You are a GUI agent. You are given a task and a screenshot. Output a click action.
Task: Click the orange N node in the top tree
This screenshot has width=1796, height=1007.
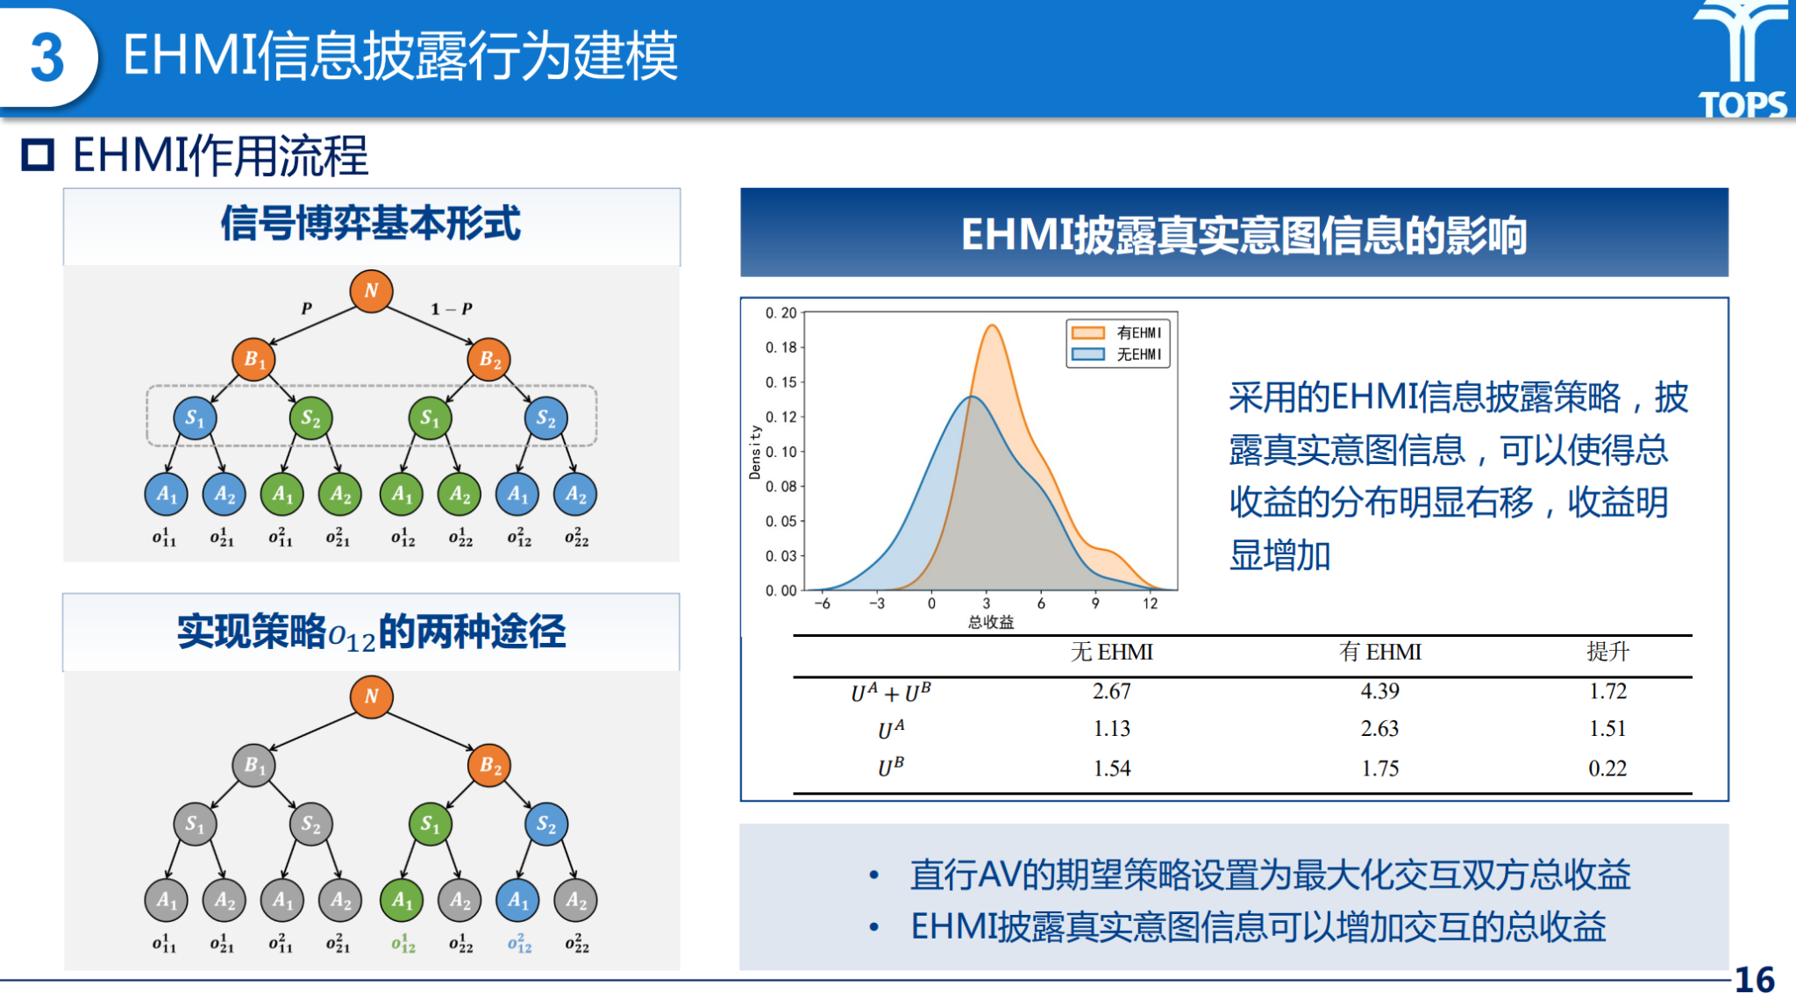tap(371, 290)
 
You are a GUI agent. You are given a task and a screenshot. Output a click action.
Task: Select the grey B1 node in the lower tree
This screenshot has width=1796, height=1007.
tap(253, 765)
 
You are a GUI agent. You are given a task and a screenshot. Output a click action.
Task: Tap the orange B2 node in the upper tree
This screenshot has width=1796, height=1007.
tap(489, 359)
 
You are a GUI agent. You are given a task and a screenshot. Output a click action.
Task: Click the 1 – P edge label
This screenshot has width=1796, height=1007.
tap(452, 309)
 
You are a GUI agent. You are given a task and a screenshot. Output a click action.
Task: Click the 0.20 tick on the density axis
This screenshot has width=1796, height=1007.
tap(780, 312)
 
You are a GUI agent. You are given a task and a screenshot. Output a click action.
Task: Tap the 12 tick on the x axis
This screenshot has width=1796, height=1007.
tap(1150, 603)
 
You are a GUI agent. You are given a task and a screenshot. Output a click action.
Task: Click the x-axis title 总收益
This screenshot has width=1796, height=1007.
tap(991, 622)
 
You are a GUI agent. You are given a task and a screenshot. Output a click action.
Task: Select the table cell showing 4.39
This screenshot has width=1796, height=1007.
tap(1379, 691)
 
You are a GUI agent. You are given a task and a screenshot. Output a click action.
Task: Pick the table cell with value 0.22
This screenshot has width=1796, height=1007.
tap(1607, 768)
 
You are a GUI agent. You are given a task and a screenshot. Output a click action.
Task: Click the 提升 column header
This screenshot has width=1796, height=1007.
tap(1607, 652)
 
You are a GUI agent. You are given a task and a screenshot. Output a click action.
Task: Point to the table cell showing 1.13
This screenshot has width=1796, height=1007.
tap(1111, 729)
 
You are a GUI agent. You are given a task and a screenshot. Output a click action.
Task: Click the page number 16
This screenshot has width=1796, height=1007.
tap(1754, 980)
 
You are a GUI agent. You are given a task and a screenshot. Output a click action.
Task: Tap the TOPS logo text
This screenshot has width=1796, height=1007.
tap(1743, 104)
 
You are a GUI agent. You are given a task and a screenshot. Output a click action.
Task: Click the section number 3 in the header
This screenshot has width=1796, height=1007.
tap(47, 58)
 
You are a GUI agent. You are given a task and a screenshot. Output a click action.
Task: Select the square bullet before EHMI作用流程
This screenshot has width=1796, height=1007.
tap(38, 155)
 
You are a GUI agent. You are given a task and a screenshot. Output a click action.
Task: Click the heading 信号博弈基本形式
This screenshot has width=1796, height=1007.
tap(371, 223)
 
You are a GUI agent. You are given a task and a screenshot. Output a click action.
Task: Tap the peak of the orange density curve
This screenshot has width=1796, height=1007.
tap(992, 325)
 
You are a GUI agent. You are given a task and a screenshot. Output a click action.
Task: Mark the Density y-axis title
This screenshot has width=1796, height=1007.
tap(754, 452)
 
